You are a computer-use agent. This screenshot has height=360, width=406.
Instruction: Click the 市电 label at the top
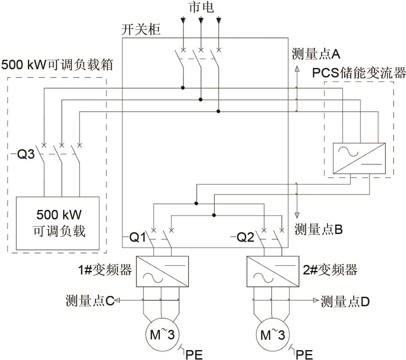coord(201,7)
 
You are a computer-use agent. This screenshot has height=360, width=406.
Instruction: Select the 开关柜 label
coord(141,31)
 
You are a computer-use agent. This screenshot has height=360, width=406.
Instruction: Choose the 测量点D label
coord(345,302)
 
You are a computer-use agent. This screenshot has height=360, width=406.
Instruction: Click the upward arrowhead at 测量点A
coord(296,68)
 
